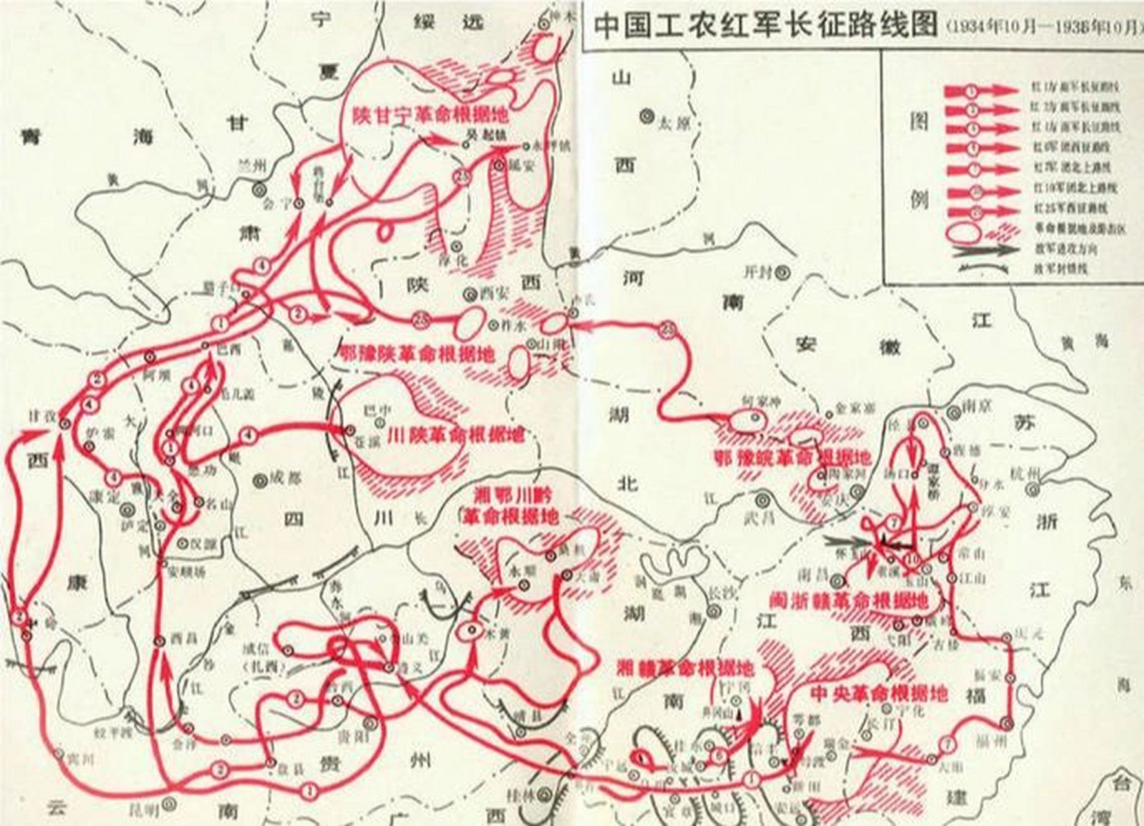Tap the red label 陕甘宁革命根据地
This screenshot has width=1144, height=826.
click(430, 116)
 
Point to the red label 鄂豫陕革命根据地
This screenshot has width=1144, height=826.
click(417, 354)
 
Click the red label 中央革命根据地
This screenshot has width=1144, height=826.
click(878, 694)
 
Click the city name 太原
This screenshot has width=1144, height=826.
click(674, 121)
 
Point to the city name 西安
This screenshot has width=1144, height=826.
click(496, 292)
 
